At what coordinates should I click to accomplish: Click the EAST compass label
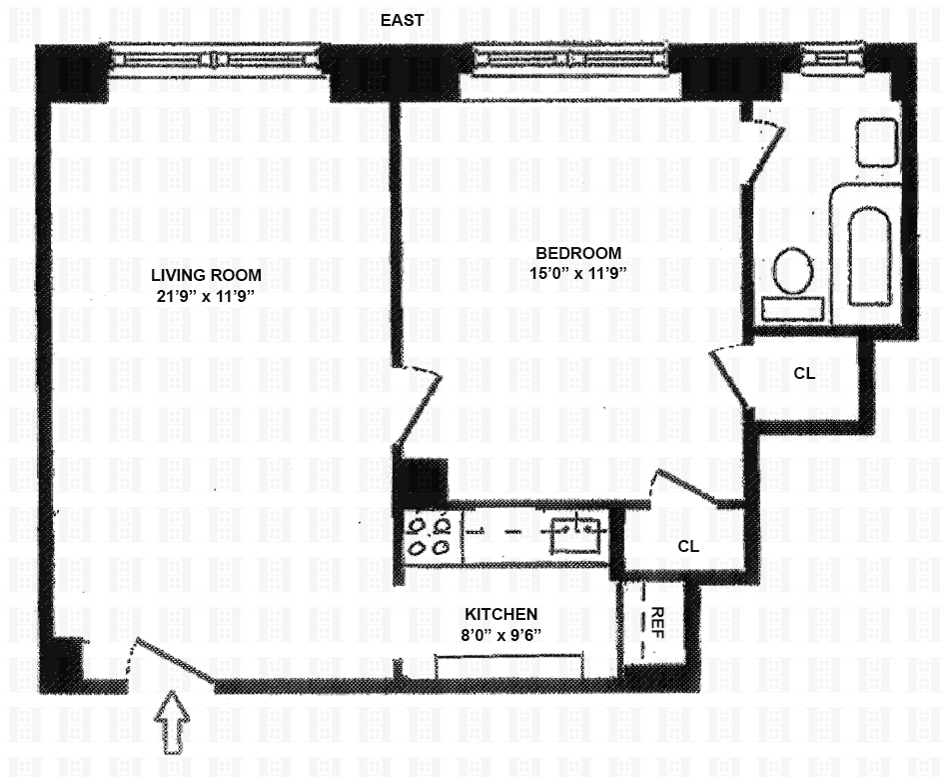coord(402,20)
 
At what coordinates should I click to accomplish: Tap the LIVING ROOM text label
coord(207,275)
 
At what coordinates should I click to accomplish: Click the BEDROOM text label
coord(578,253)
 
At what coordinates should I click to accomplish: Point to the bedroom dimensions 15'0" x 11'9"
coord(577,273)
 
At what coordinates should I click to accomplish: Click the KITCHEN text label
coord(500,614)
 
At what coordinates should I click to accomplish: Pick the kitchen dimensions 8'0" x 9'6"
coord(501,635)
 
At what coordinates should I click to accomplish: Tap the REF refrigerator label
coord(657,622)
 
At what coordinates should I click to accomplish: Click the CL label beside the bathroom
coord(804,374)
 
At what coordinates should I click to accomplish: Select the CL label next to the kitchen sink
coord(688,546)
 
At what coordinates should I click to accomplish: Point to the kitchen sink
coord(575,536)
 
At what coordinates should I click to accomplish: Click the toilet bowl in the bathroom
coord(793,272)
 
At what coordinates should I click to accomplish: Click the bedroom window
coord(570,60)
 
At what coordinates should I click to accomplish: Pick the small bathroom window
coord(832,59)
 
